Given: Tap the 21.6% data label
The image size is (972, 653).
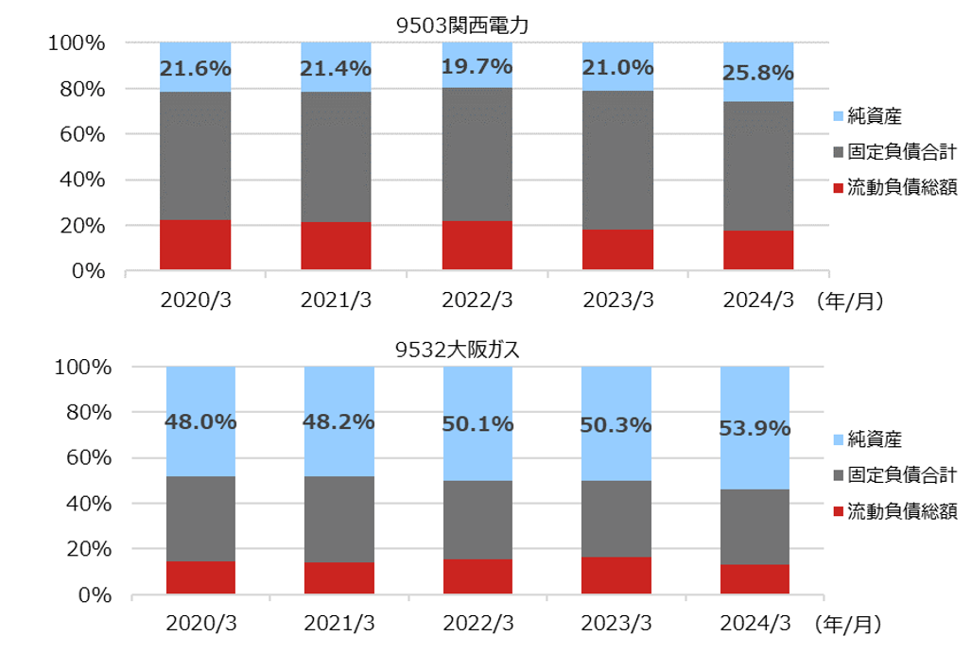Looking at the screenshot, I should [195, 69].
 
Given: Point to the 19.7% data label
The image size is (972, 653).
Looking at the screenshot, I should [477, 67].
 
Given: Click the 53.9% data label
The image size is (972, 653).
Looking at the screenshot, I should [755, 429].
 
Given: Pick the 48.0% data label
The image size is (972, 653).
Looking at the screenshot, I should [200, 422].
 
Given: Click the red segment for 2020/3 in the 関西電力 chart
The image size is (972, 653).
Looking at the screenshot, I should [195, 246].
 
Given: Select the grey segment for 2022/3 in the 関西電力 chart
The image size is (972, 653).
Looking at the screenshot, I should [477, 154].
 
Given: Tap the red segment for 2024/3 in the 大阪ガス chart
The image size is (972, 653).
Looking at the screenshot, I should [755, 579].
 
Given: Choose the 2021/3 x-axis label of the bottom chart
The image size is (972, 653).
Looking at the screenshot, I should [339, 624].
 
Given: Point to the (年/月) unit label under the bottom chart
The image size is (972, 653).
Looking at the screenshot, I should [847, 624].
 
